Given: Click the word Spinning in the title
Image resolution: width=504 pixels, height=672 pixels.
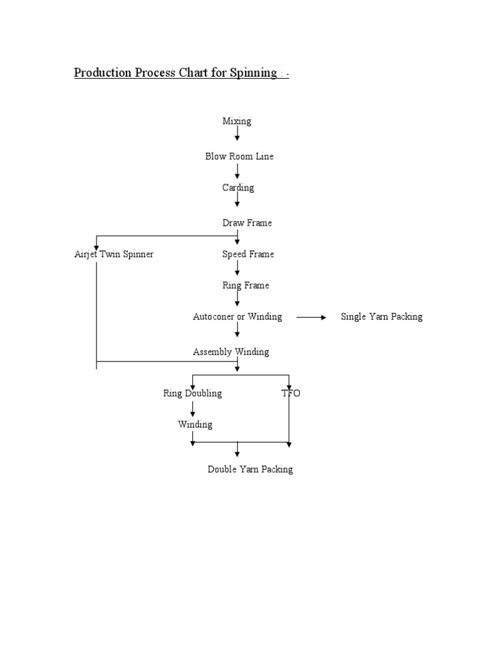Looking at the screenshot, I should [x=253, y=73].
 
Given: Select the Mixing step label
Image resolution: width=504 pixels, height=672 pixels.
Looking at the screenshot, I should [x=236, y=121].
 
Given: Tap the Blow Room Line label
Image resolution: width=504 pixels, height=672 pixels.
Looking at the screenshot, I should [x=239, y=157].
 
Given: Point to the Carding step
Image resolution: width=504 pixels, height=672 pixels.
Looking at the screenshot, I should [x=238, y=188].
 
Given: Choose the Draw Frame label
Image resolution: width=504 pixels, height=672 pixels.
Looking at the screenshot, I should [x=247, y=223].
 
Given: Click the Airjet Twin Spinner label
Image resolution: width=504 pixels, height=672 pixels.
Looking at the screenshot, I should [x=114, y=254].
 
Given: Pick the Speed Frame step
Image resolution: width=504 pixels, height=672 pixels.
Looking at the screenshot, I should [x=247, y=254].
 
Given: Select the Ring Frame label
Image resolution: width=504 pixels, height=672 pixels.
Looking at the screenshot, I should [x=246, y=285].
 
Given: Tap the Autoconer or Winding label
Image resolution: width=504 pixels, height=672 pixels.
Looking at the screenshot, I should [x=237, y=316].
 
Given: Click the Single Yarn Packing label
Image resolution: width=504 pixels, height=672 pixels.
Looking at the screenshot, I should [x=381, y=316].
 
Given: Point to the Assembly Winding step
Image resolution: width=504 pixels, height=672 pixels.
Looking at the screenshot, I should [x=230, y=352].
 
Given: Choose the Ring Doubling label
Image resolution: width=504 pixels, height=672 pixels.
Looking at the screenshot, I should [x=192, y=393].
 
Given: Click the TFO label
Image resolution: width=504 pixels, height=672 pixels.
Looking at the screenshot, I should [x=291, y=393].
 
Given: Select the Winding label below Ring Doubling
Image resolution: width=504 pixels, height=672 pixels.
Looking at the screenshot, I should [x=195, y=425].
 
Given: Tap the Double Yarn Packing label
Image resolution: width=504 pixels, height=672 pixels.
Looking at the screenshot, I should [x=250, y=469].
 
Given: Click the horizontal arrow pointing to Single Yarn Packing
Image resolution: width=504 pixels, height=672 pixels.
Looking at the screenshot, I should [x=311, y=317].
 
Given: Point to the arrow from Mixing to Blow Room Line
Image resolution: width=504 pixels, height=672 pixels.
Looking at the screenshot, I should [x=237, y=135].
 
